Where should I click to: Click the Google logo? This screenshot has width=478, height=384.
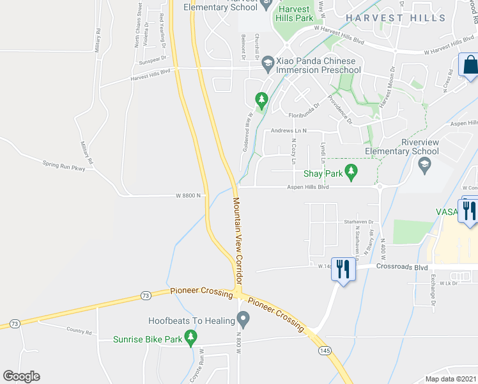click(x=21, y=376)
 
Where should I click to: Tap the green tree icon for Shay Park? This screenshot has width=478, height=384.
click(x=350, y=171)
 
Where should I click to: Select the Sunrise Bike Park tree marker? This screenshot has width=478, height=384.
click(x=190, y=337)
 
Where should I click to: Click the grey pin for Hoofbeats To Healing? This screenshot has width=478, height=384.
click(x=243, y=318)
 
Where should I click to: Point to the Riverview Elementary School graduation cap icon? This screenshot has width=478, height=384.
click(x=423, y=165)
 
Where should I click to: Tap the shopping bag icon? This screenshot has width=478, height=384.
click(x=470, y=65)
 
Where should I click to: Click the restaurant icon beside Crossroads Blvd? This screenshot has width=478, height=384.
click(x=343, y=268)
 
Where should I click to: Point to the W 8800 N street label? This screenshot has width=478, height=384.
click(x=189, y=196)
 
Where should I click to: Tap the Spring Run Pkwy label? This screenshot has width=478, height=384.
click(x=64, y=168)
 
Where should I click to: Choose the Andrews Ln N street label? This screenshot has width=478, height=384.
click(x=289, y=131)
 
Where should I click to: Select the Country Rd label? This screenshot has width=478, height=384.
click(x=79, y=332)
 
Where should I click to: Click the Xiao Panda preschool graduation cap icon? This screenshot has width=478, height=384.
click(x=267, y=62)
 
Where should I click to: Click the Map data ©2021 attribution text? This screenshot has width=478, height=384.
click(x=450, y=379)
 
